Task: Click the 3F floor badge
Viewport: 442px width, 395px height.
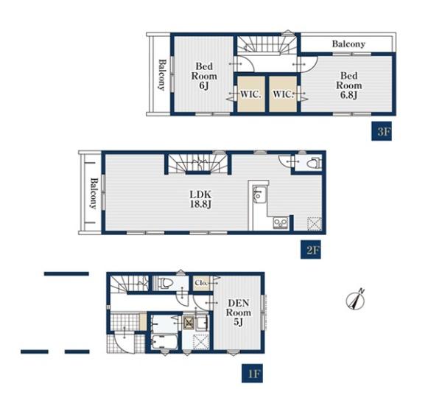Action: pyautogui.click(x=382, y=131)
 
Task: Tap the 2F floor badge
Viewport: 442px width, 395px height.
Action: pyautogui.click(x=311, y=250)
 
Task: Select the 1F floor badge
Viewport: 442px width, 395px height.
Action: pyautogui.click(x=252, y=374)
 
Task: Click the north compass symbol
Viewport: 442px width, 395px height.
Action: pyautogui.click(x=356, y=300)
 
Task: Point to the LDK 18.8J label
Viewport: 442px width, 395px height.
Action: pyautogui.click(x=200, y=199)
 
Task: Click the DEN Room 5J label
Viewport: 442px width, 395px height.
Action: pyautogui.click(x=239, y=312)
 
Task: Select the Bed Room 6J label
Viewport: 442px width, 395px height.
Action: pyautogui.click(x=204, y=76)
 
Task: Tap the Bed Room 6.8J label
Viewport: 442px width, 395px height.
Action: pyautogui.click(x=349, y=85)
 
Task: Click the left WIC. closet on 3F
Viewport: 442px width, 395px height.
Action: pyautogui.click(x=251, y=94)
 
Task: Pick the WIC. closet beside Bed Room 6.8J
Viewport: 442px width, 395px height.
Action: pyautogui.click(x=283, y=94)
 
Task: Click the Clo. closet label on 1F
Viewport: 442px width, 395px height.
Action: pyautogui.click(x=201, y=282)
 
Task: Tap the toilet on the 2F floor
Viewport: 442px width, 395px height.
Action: pyautogui.click(x=314, y=163)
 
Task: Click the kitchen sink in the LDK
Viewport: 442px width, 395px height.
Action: pyautogui.click(x=258, y=194)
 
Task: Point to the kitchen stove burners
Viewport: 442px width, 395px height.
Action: pyautogui.click(x=280, y=223)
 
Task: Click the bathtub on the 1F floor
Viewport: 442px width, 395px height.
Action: pyautogui.click(x=164, y=342)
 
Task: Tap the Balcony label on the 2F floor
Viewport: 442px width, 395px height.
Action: pyautogui.click(x=94, y=193)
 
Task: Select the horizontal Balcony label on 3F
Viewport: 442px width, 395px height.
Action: pyautogui.click(x=348, y=43)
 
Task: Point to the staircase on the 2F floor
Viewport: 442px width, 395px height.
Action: pyautogui.click(x=198, y=164)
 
